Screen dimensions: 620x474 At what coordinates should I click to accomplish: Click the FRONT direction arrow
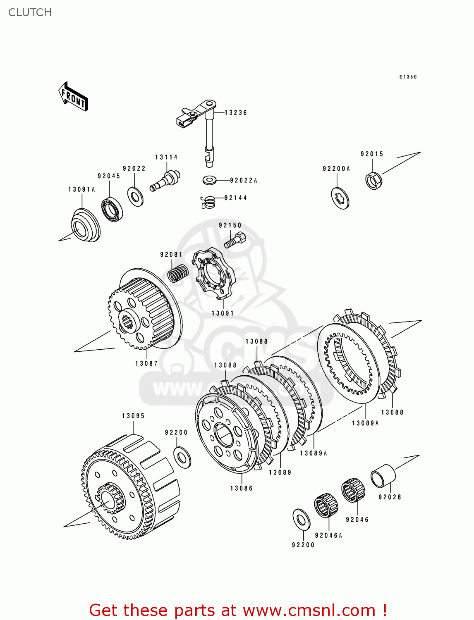(73, 97)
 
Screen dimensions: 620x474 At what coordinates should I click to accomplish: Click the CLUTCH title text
(30, 12)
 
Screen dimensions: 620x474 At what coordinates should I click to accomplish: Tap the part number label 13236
(236, 112)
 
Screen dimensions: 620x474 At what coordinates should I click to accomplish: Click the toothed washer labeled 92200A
(340, 198)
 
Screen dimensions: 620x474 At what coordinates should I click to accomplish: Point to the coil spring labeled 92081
(178, 273)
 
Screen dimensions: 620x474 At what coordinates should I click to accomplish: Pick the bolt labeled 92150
(235, 241)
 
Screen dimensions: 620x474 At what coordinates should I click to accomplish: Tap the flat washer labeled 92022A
(210, 180)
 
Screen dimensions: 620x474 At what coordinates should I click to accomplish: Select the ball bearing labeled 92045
(112, 210)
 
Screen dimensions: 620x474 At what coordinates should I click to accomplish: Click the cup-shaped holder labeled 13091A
(85, 226)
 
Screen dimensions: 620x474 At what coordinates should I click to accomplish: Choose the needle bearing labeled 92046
(353, 490)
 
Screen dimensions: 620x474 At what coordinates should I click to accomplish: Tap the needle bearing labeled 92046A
(326, 505)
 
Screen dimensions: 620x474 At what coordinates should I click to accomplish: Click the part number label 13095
(133, 416)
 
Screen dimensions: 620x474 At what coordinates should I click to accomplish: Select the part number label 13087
(146, 363)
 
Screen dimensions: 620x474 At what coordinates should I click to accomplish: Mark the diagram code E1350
(408, 77)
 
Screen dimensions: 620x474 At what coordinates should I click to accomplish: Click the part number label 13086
(241, 488)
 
